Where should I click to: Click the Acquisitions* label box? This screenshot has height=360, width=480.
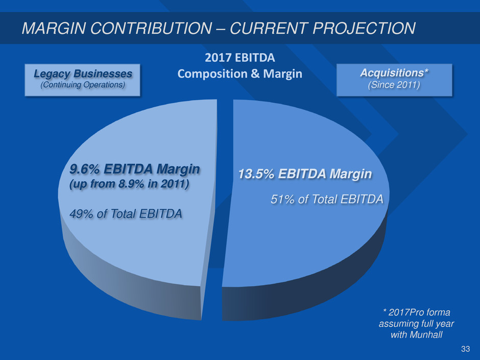coord(394,79)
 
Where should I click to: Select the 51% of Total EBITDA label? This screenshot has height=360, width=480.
coord(326,199)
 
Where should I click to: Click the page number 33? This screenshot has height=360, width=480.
coord(465,349)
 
